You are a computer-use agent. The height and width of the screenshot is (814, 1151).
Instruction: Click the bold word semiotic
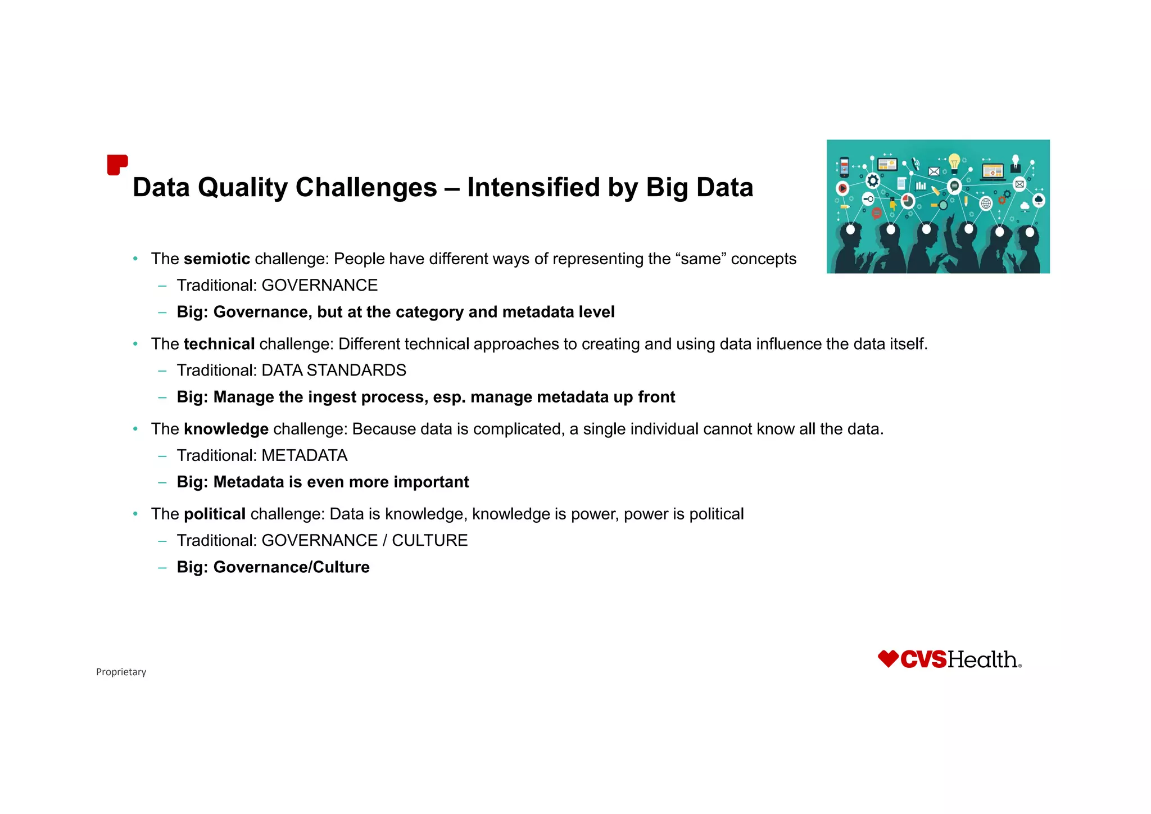click(x=216, y=259)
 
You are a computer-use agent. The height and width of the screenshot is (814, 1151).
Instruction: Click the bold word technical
click(x=219, y=344)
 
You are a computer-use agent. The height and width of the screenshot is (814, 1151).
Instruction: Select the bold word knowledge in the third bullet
click(x=226, y=429)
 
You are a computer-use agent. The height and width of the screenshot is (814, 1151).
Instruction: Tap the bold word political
click(x=214, y=514)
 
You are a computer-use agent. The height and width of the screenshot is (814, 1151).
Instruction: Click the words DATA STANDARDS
click(x=334, y=370)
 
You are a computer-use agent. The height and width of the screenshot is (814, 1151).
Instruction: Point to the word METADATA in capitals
click(x=304, y=455)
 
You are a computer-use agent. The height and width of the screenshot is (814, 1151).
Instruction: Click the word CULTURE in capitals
click(x=429, y=540)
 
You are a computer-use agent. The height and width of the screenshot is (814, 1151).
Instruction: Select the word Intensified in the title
click(x=533, y=188)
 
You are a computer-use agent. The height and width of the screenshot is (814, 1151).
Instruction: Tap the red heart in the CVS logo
click(x=888, y=659)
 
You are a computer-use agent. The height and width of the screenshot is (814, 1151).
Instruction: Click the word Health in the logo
click(x=982, y=660)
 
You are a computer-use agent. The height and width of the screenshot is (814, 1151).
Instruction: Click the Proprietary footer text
click(x=121, y=672)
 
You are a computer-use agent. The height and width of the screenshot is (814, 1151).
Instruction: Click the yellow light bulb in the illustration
click(x=954, y=163)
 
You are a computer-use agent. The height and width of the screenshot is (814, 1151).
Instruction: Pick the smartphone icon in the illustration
click(x=844, y=167)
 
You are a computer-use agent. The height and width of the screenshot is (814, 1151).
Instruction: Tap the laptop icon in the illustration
click(x=993, y=171)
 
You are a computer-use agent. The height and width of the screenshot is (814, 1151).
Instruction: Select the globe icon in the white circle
click(x=986, y=203)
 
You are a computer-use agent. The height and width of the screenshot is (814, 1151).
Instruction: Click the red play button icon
click(x=842, y=188)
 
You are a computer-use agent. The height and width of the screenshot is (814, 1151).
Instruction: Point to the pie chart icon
click(x=908, y=200)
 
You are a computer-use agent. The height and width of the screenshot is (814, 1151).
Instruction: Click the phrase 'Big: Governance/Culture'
click(x=273, y=567)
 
